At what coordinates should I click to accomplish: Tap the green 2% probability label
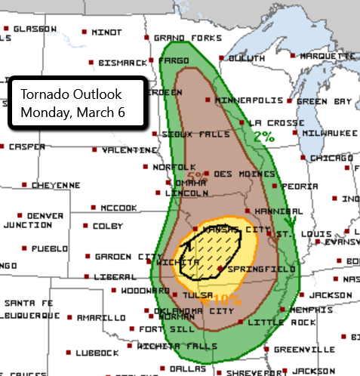[263, 137]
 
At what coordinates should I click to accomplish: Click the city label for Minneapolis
[248, 100]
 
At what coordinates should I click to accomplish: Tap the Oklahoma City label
[189, 310]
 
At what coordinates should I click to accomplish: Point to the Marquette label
[322, 56]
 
